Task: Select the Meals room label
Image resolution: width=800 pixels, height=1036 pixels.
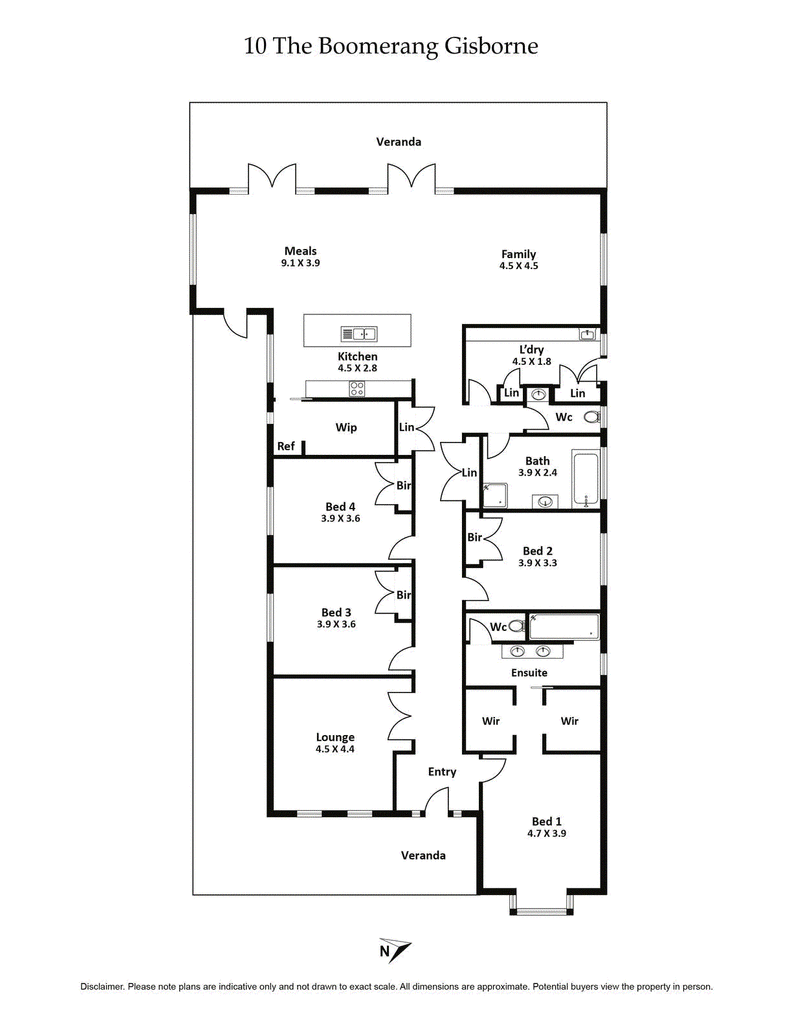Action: [300, 251]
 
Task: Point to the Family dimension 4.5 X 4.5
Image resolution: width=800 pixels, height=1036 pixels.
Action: [519, 267]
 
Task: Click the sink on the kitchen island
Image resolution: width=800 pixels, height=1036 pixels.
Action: [357, 334]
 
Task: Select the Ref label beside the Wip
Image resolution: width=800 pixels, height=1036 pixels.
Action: [286, 446]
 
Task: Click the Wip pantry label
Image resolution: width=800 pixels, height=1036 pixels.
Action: [346, 427]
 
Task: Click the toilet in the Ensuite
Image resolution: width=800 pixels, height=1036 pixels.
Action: [516, 627]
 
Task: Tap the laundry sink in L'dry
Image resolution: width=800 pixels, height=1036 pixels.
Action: [589, 335]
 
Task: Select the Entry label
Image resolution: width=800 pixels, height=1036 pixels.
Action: [442, 771]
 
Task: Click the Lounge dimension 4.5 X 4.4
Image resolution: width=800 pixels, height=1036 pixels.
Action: [335, 751]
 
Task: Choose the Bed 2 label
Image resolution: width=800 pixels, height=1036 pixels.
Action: [538, 551]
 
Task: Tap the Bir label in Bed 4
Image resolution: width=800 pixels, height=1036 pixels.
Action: [404, 485]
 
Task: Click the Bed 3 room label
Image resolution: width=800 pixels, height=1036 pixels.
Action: [336, 612]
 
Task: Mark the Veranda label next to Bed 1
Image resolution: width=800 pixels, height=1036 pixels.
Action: [423, 855]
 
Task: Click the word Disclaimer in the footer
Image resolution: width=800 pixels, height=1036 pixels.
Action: [102, 986]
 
